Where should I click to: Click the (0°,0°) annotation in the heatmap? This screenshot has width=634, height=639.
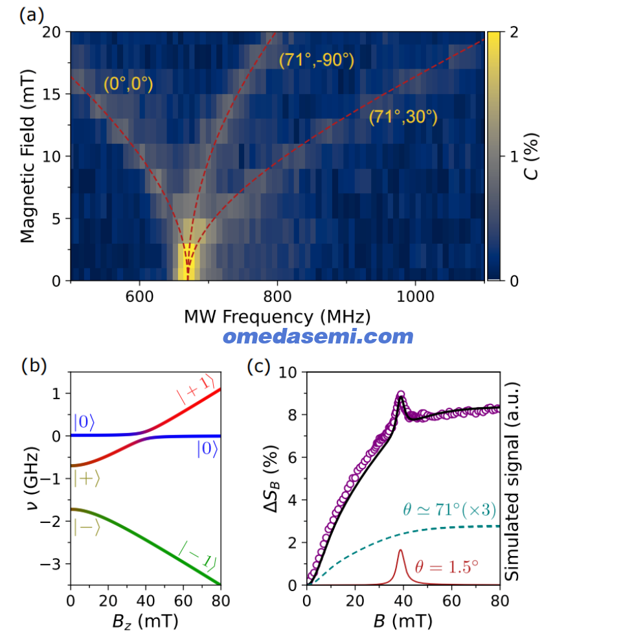tap(128, 84)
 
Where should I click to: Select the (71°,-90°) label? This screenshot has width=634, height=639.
tap(317, 60)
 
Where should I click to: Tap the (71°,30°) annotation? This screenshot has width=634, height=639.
tap(403, 117)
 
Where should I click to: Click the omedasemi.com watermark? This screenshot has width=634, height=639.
tap(318, 336)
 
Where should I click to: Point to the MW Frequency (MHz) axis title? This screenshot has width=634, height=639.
tap(277, 317)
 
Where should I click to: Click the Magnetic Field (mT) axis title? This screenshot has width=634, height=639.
tap(28, 156)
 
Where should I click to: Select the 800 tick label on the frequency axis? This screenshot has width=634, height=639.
tap(277, 296)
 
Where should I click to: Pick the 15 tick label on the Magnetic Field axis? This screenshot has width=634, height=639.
tap(51, 94)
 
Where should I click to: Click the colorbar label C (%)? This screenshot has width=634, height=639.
tap(532, 156)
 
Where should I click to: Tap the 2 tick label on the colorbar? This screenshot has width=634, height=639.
tap(514, 32)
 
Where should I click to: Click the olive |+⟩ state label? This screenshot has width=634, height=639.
tap(87, 478)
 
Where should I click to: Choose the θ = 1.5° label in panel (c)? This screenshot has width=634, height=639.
tap(446, 566)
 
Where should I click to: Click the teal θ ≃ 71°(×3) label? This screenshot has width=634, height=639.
tap(449, 509)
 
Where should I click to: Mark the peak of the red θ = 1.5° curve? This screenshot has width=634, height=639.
tap(400, 550)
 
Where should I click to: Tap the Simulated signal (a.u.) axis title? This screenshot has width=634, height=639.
tap(512, 482)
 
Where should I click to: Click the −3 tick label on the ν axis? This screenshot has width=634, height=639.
tap(51, 564)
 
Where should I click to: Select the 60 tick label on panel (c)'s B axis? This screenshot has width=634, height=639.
tap(451, 601)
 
